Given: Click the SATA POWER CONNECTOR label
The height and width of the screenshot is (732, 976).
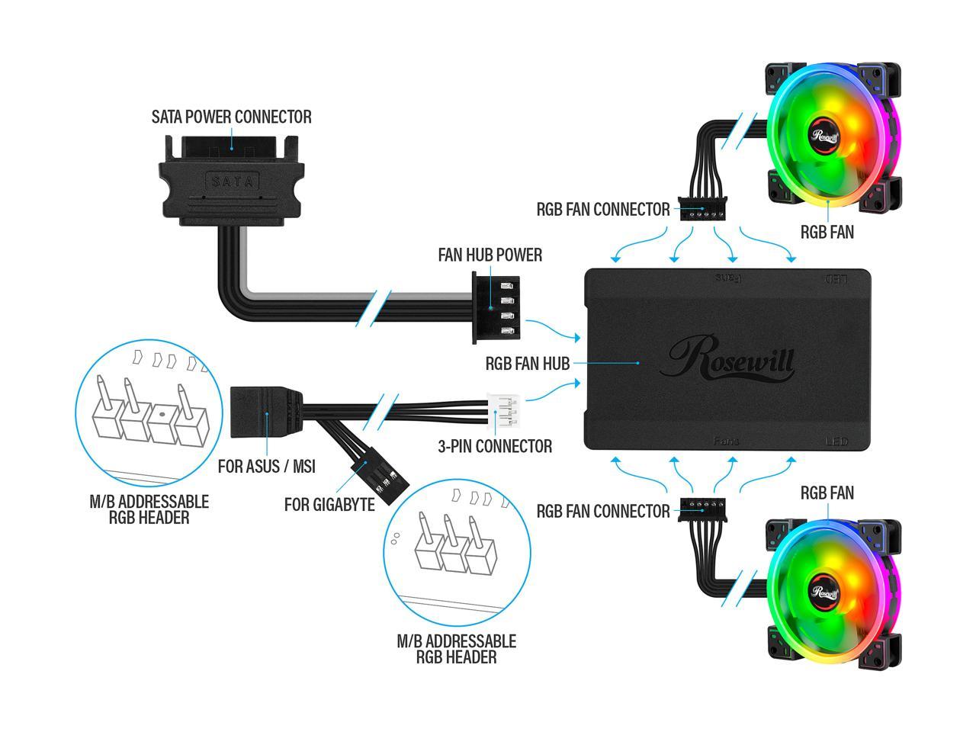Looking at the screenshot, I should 231,117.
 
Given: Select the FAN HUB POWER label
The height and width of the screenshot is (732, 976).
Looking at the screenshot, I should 490,255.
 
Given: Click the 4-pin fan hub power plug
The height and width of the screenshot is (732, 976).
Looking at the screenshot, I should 496,309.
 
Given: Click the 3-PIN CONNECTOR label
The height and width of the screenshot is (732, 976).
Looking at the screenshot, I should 495,446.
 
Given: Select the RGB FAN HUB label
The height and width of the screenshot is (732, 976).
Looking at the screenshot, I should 528,364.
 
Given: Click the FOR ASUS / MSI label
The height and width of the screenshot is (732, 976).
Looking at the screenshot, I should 267,466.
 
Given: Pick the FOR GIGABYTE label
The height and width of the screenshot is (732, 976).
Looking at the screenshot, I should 329,504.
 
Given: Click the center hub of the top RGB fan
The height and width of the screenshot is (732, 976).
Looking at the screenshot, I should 825,136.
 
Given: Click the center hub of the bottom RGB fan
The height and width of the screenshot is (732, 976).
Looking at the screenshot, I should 825,591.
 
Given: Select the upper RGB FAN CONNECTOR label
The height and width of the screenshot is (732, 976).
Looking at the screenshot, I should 602,209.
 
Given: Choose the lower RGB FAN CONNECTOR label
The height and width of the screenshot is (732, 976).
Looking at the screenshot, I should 602,511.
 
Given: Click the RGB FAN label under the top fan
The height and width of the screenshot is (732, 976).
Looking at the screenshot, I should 827,231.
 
